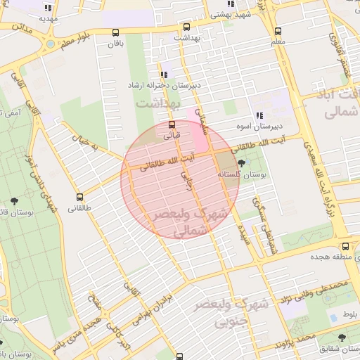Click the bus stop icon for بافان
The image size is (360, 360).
pyautogui.click(x=115, y=32)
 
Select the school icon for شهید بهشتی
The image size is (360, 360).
pyautogui.click(x=231, y=4)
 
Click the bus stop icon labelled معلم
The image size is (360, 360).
pyautogui.click(x=278, y=31)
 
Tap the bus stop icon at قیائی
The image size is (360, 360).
pyautogui.click(x=172, y=124)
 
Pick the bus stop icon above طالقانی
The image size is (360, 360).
pyautogui.click(x=80, y=198)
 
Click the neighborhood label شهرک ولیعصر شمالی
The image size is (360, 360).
pyautogui.click(x=211, y=220)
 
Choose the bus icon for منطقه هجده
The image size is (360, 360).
pyautogui.click(x=345, y=247)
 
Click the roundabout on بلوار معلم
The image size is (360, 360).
pyautogui.click(x=50, y=44)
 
